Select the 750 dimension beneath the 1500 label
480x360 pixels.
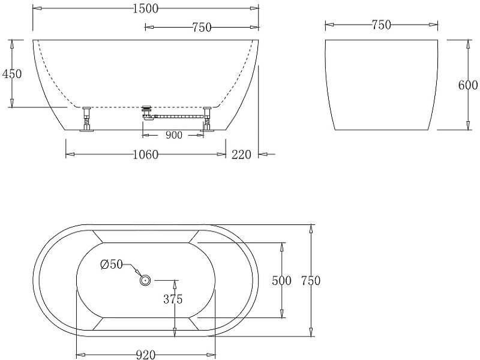coord(200,26)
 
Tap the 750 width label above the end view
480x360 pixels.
coord(381,25)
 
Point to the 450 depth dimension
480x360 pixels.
coord(12,74)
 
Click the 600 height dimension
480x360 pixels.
coord(468,85)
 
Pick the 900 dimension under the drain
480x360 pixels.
coord(173,136)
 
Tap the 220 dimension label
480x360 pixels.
coord(241,155)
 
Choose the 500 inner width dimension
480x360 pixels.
coord(281,280)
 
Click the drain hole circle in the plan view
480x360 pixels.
coord(145,280)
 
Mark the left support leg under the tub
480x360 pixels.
coord(86,118)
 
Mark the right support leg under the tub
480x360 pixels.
coord(208,118)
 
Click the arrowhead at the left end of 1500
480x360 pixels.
coord(37,8)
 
